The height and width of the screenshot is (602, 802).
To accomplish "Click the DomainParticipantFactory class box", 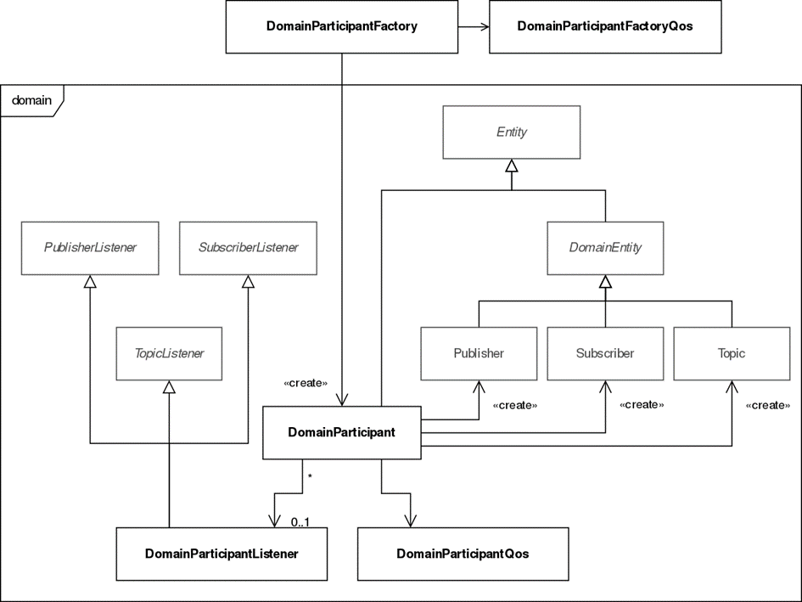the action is (342, 26).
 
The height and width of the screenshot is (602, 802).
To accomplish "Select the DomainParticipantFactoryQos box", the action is (605, 26).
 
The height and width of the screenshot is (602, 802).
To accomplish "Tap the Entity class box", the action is (512, 132).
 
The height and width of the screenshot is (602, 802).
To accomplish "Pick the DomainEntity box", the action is (605, 248).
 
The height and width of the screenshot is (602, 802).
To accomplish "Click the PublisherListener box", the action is (90, 248).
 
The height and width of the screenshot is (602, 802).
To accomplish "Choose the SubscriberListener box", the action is (248, 248).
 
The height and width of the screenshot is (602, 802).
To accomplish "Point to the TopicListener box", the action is (169, 354).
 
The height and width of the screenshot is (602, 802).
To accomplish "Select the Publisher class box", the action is (479, 354).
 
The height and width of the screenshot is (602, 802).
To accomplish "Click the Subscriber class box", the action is (605, 354).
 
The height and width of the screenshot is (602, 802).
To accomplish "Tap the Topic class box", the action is (732, 354).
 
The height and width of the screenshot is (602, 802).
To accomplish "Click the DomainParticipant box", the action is (342, 432).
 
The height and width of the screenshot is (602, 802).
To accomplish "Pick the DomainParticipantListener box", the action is (222, 554).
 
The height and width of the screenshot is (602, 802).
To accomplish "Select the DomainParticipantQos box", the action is (463, 554).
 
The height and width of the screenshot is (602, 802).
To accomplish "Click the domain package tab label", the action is (31, 100).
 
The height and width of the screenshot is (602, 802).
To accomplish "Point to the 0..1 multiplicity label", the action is (300, 522).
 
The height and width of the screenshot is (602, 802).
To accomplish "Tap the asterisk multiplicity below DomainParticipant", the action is (310, 476).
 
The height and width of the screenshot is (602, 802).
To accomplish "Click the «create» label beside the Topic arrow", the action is (768, 405).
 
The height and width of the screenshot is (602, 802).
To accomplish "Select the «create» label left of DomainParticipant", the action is (306, 383).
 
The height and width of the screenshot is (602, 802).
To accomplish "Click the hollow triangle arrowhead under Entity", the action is (512, 166).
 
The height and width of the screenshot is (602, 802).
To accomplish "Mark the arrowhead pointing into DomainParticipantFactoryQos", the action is (484, 26).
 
